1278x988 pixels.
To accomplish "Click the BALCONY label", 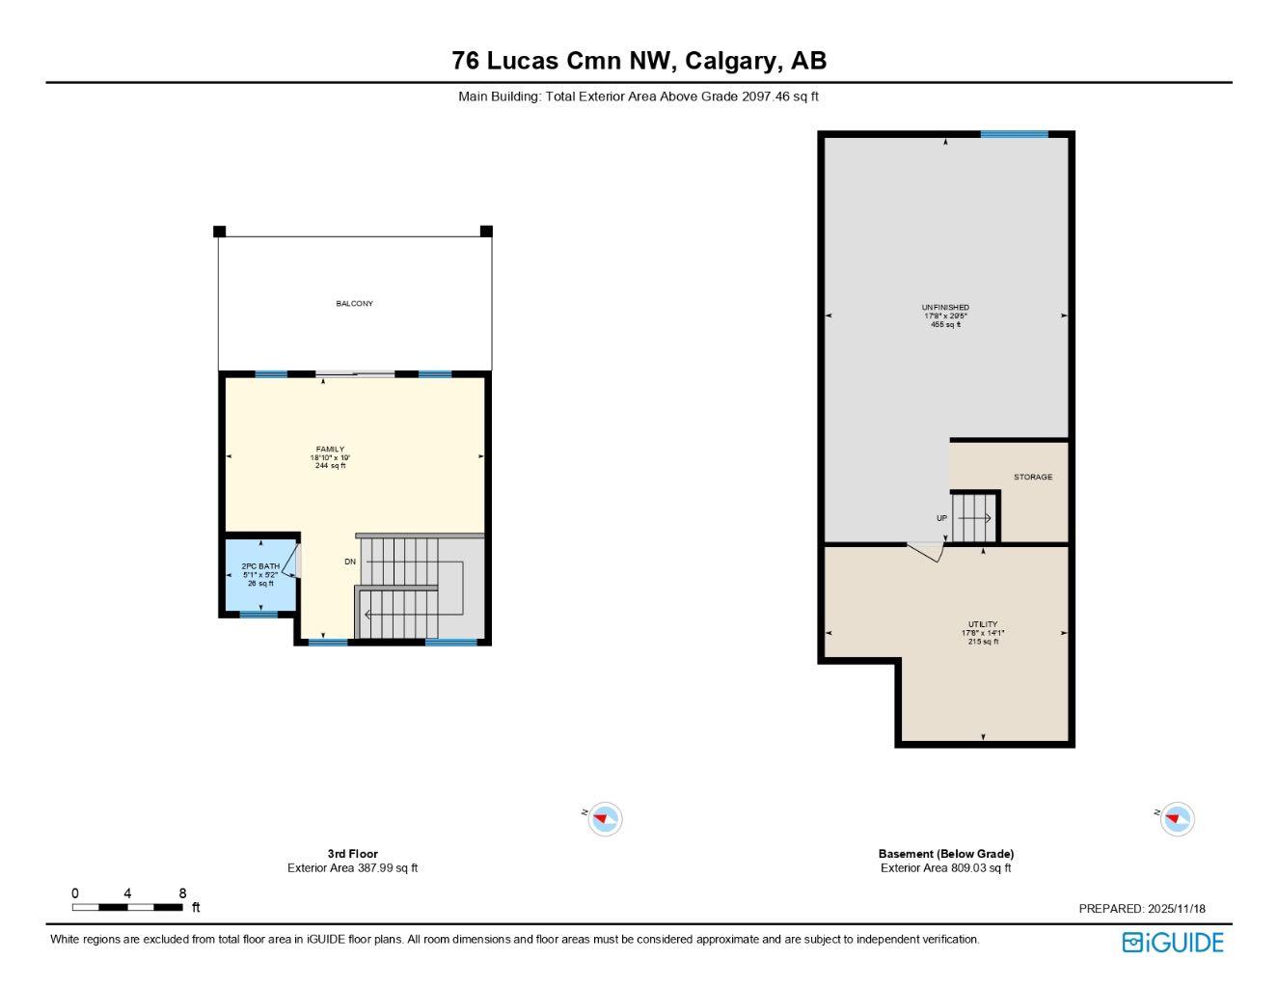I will [354, 304].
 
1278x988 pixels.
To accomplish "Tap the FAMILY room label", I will [330, 450].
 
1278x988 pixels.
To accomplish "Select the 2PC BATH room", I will [260, 575].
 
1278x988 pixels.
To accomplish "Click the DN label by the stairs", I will [350, 562].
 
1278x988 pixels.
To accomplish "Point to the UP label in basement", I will [941, 518].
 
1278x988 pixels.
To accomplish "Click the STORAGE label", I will [1032, 478].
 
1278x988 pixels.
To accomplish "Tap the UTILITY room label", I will [983, 625].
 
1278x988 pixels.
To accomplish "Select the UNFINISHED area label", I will [945, 308].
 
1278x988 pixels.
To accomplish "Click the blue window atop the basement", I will [1014, 134].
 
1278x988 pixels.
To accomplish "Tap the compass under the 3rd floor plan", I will [605, 819].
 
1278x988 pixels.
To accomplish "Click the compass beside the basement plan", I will [1177, 819].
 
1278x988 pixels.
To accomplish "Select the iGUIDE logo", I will [1173, 943].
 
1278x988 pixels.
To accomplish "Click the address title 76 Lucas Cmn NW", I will [639, 61].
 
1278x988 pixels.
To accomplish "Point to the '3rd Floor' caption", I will [352, 854].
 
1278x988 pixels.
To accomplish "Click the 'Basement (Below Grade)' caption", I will [945, 854].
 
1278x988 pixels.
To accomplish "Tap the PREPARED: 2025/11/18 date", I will [1142, 909].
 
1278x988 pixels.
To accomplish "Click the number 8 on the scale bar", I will [182, 893].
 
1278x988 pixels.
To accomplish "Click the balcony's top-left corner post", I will [219, 231].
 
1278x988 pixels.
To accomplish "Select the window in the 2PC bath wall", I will [258, 614].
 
